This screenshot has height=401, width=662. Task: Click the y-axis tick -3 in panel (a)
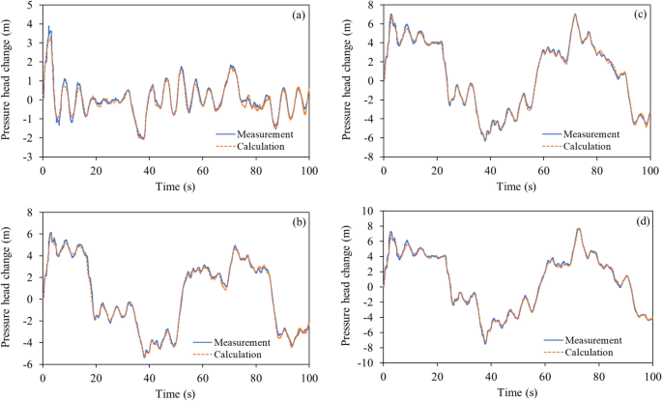pos(30,157)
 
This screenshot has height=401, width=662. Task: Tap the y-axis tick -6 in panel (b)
pos(30,364)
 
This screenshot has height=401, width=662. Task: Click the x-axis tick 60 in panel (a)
pos(203,170)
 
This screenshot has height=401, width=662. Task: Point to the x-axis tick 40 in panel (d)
pos(491,378)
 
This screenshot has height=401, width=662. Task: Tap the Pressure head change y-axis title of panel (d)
pos(351,286)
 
